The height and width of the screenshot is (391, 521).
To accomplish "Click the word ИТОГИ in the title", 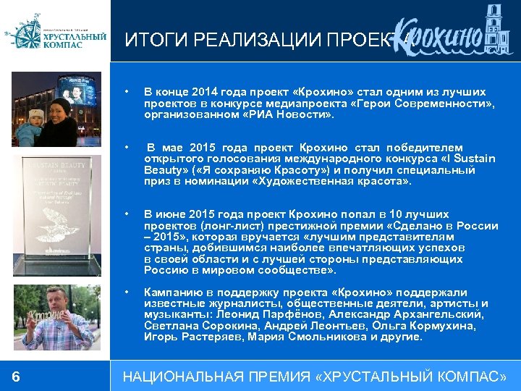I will tap(148, 41).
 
